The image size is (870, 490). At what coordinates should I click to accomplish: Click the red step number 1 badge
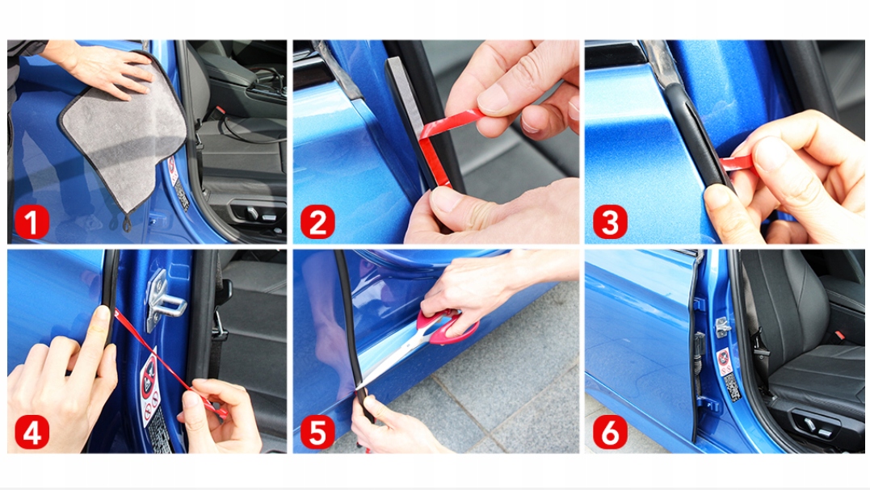coord(32,222)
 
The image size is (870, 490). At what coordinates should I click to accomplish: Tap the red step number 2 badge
coord(317,222)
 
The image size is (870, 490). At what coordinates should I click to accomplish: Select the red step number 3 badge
coord(610,222)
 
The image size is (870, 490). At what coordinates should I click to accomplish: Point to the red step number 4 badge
coord(32,432)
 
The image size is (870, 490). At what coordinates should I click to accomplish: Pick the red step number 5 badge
coord(317,432)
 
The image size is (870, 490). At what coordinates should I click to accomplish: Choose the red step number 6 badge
coord(610,432)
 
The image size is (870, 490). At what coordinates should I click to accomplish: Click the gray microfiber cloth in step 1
coord(125,139)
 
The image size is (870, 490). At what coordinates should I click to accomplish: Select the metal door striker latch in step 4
coord(163,299)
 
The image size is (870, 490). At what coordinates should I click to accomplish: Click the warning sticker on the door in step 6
coord(723,361)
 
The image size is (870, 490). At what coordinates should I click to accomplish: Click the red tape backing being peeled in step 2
coord(439,144)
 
